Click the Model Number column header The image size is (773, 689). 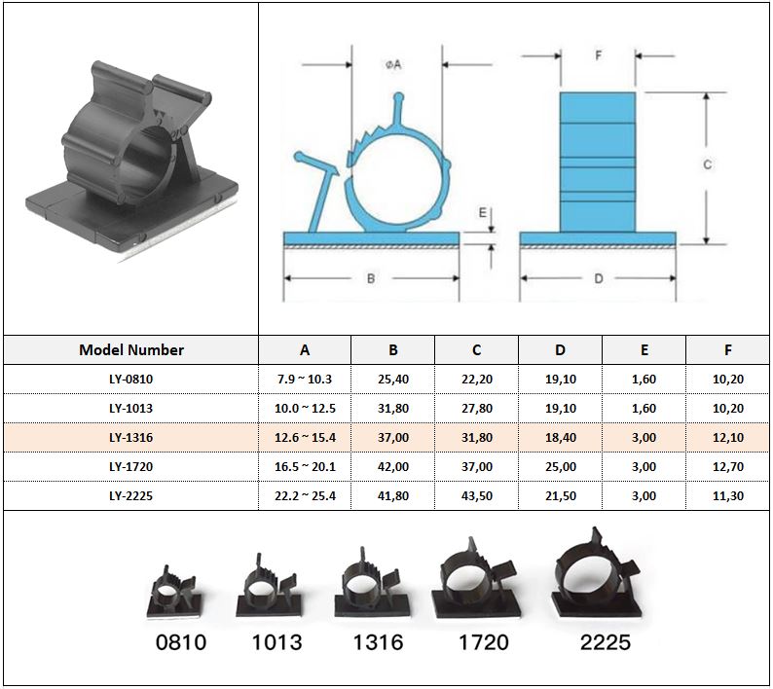131,350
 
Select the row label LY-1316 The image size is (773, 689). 131,437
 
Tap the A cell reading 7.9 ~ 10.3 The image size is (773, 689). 305,379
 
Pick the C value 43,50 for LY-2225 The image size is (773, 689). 477,495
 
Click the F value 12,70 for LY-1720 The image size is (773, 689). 727,466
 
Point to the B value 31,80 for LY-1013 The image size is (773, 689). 393,408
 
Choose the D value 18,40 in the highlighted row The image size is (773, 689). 561,437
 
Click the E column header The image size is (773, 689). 644,350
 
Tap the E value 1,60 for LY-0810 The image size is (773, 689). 644,379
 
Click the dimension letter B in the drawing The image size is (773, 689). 371,278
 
